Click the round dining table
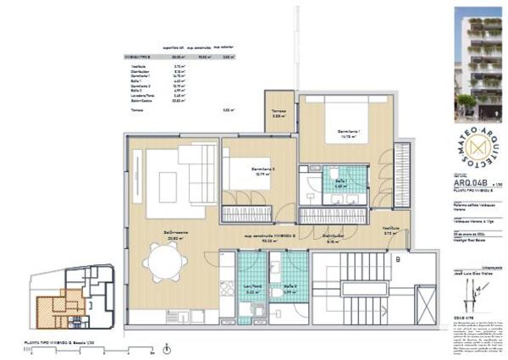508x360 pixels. pyautogui.click(x=166, y=262)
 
